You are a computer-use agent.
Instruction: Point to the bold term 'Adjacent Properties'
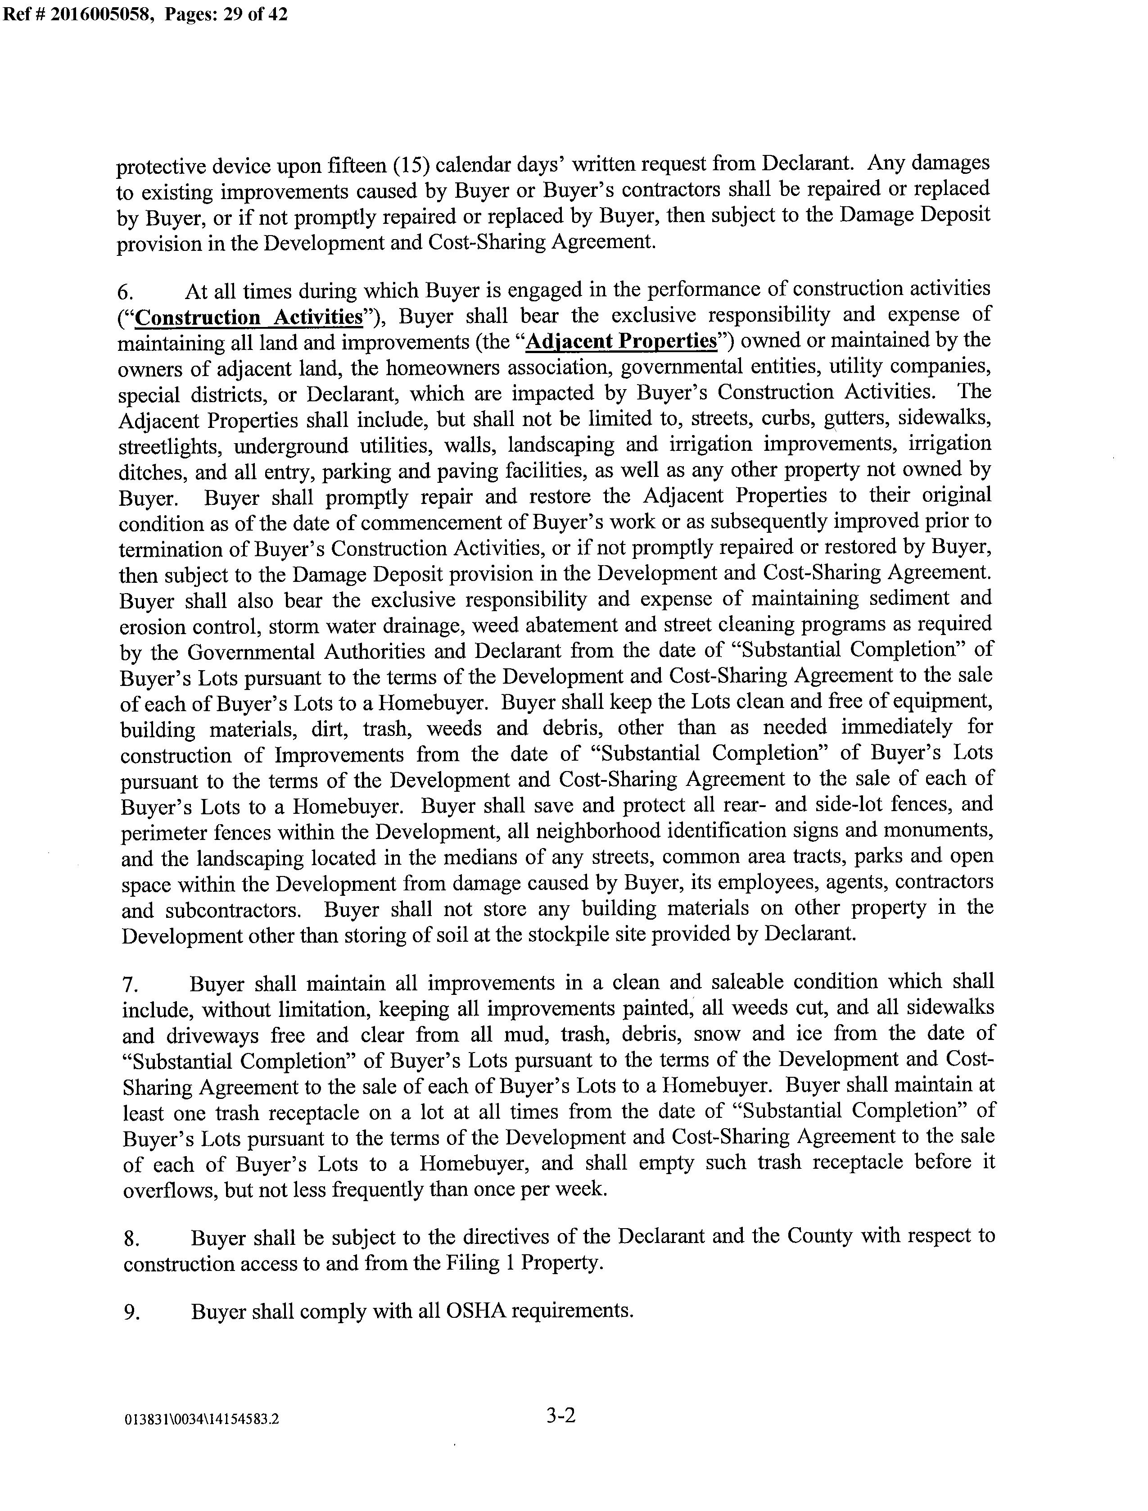(620, 342)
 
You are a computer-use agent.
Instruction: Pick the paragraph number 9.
(131, 1313)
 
